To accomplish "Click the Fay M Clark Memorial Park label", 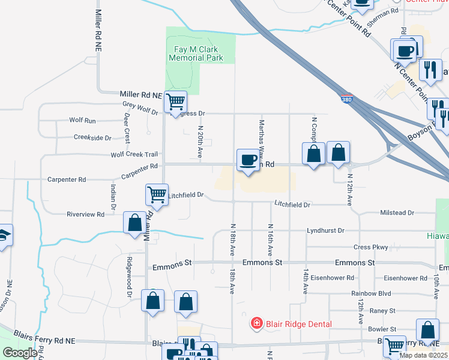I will tap(196, 53).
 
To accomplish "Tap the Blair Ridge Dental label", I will tap(299, 324).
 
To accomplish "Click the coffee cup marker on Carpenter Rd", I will tap(248, 160).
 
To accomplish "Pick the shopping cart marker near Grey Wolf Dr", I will tap(175, 101).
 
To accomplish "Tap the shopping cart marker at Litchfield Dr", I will tap(156, 194).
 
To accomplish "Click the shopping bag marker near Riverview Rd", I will tap(134, 223).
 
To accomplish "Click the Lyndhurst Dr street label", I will tap(325, 230).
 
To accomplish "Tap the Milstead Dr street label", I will tap(397, 212).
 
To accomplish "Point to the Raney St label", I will tap(382, 311).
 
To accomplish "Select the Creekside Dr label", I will tap(92, 137).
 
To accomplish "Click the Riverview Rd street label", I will tap(85, 214).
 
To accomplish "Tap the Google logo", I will tap(20, 353).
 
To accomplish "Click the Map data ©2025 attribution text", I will tap(423, 355).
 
